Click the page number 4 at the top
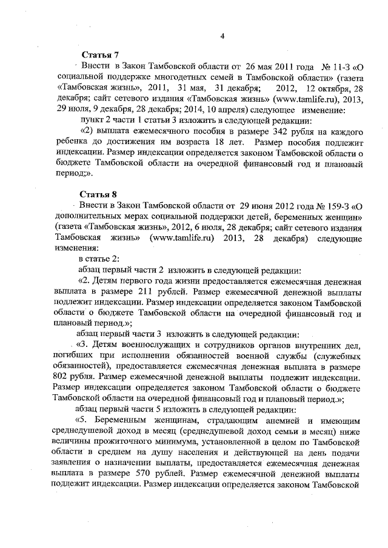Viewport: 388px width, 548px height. (x=222, y=36)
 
